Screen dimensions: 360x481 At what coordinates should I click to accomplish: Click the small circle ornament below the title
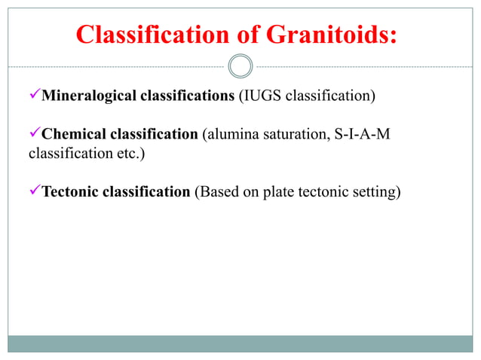click(240, 66)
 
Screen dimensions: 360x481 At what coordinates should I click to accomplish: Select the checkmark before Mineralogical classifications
click(34, 96)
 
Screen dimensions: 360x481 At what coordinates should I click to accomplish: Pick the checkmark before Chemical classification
click(34, 134)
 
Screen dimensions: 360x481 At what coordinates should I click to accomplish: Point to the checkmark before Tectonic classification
click(34, 191)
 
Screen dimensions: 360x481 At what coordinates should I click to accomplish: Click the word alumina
click(231, 135)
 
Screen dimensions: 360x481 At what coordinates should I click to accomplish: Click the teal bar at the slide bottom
click(240, 343)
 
